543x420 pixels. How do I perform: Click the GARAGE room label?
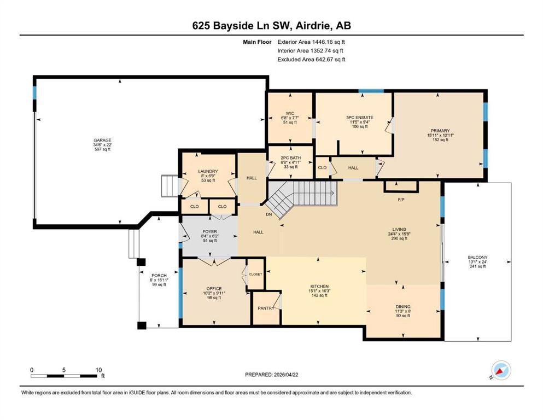(x=102, y=140)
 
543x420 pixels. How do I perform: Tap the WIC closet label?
(x=290, y=113)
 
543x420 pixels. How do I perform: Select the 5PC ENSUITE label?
(x=360, y=118)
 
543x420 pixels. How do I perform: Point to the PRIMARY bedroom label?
(x=440, y=131)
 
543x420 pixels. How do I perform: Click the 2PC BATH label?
(x=291, y=158)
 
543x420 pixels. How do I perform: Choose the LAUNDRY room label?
(x=208, y=171)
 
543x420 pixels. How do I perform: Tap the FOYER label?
(x=210, y=232)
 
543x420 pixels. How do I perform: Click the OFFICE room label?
(x=214, y=289)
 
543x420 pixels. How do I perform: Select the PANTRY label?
(x=266, y=308)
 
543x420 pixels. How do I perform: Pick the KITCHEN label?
(x=319, y=287)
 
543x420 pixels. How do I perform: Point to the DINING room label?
(x=403, y=307)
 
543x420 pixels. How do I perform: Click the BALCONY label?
(x=477, y=258)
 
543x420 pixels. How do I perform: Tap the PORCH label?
(x=159, y=276)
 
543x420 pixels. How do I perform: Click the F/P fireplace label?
(x=401, y=200)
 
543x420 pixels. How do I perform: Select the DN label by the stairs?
(x=268, y=215)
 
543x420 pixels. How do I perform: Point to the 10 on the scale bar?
(x=98, y=370)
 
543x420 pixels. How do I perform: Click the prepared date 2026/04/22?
(x=285, y=375)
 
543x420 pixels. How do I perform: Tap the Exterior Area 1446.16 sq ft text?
(x=311, y=42)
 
